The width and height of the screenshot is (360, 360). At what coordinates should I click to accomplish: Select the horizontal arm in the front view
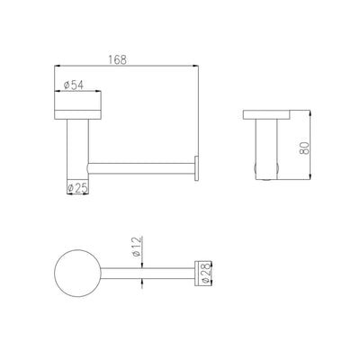coord(139,166)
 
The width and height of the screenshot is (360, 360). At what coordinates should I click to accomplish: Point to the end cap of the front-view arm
coord(198,166)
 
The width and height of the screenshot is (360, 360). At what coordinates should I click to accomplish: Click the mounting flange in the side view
coord(271,116)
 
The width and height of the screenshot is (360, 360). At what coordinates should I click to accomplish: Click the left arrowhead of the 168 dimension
coord(58,66)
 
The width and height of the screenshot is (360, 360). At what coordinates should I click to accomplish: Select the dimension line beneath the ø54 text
coord(78,91)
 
